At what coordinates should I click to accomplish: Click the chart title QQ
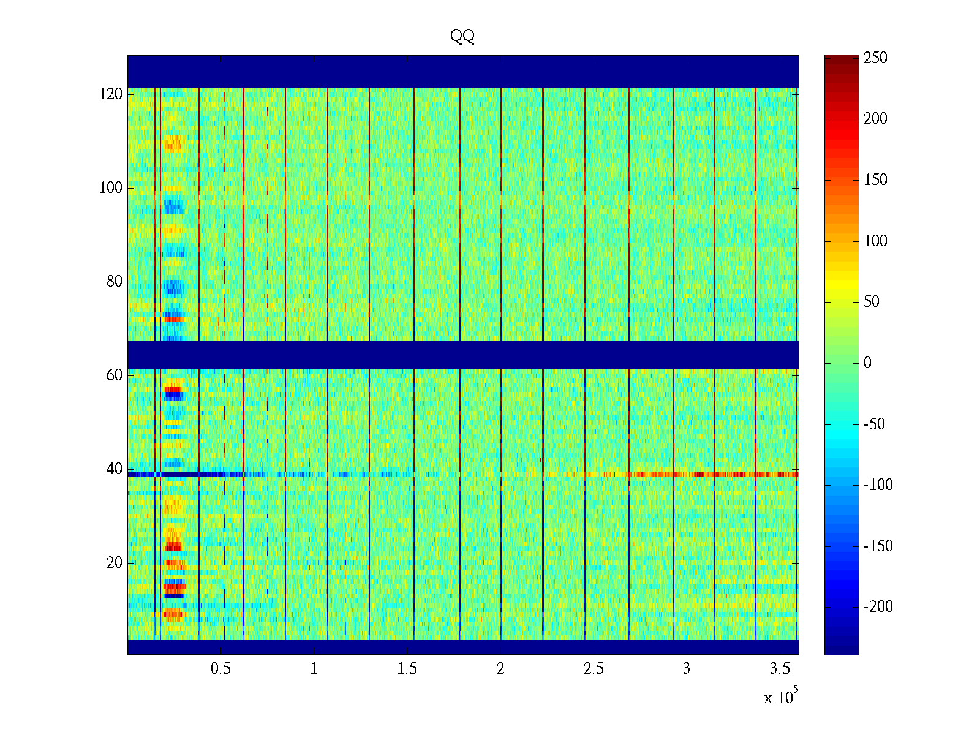pos(462,37)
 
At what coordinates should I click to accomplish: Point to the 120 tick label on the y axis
pos(111,94)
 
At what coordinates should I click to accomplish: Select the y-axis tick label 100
pos(111,188)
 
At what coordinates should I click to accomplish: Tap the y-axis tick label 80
pos(115,282)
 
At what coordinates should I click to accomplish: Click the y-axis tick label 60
pos(115,375)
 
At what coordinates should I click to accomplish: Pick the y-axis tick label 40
pos(115,469)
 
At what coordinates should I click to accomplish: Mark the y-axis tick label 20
pos(115,563)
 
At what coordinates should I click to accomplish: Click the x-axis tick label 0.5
pos(221,669)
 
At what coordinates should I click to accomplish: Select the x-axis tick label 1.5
pos(407,669)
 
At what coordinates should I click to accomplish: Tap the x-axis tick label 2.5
pos(594,669)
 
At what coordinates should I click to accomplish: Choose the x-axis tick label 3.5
pos(780,669)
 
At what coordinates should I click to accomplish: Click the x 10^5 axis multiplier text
pos(780,697)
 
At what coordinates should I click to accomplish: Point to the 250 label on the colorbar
pos(875,58)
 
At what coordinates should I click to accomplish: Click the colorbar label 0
pos(867,363)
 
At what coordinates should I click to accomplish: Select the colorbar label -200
pos(878,607)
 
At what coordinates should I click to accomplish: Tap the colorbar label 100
pos(875,241)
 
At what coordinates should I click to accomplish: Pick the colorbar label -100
pos(878,485)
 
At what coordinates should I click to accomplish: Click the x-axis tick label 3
pos(687,669)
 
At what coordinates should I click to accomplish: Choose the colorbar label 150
pos(875,180)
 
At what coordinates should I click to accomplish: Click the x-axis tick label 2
pos(500,669)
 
